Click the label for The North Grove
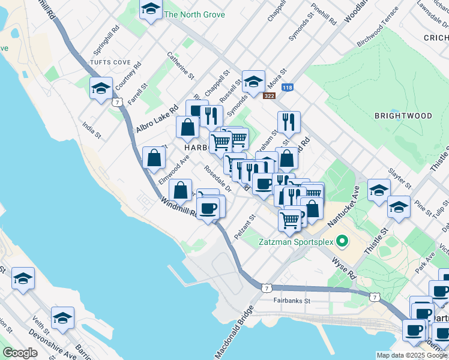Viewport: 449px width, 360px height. (x=194, y=14)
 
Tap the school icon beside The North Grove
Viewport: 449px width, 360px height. (x=151, y=9)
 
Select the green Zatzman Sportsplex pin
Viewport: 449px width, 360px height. (x=342, y=242)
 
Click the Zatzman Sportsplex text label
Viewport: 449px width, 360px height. (x=297, y=242)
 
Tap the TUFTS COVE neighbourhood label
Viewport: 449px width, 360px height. (x=110, y=62)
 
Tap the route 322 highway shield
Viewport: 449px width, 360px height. (x=270, y=95)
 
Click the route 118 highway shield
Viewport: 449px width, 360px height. (x=288, y=88)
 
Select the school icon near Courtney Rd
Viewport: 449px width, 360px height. (x=100, y=88)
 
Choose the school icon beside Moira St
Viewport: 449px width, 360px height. (x=253, y=81)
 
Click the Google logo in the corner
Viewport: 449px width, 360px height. (x=20, y=353)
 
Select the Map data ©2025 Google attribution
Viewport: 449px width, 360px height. (x=411, y=355)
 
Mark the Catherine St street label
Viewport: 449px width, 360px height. (x=181, y=66)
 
